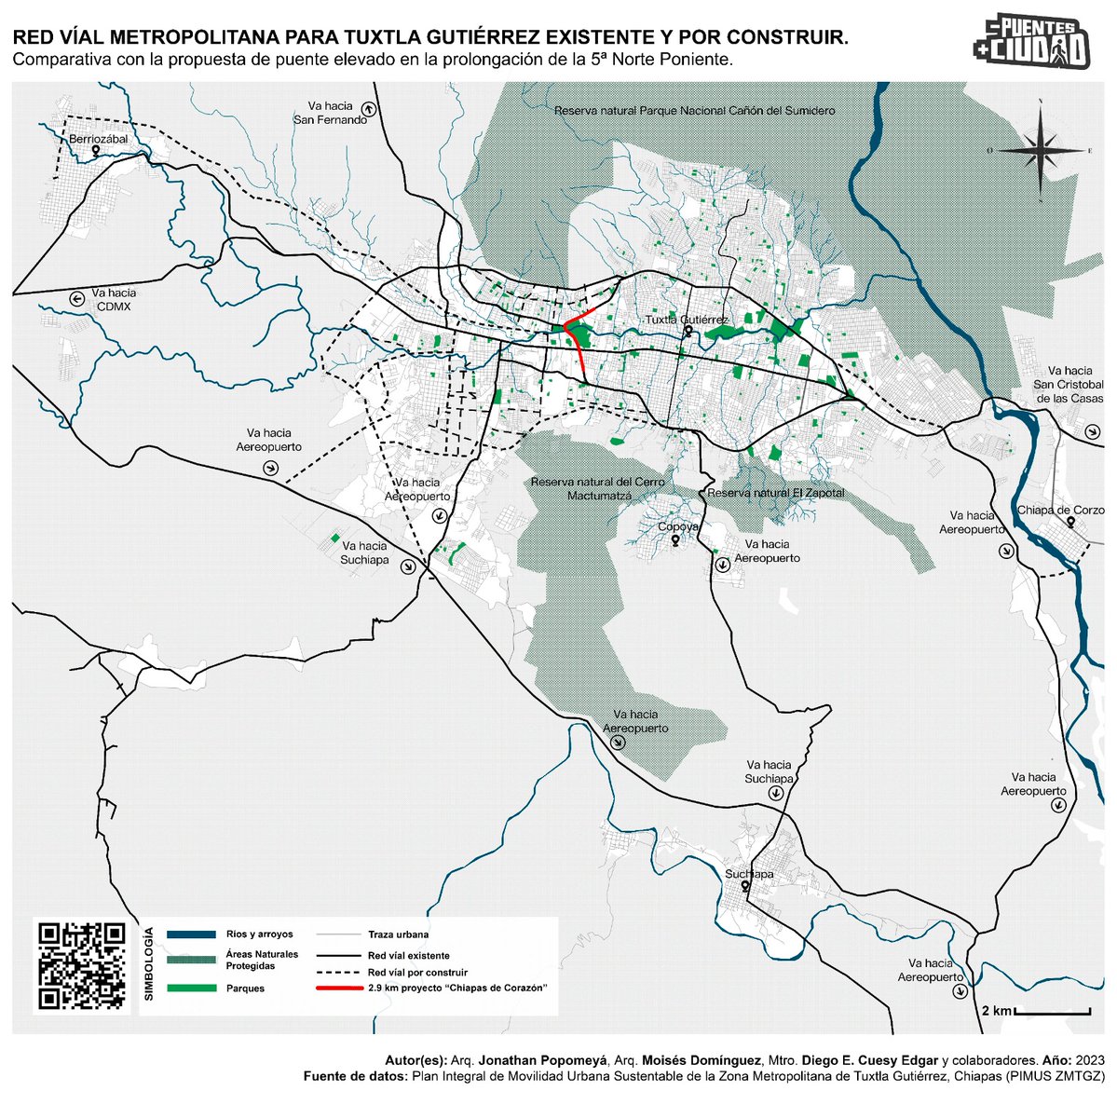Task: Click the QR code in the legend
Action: click(80, 965)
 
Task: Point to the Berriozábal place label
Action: click(98, 139)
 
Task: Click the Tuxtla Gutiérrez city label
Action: click(688, 320)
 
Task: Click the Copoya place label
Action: click(678, 527)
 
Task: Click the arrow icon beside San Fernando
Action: click(369, 109)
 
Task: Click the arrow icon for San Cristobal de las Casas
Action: click(1092, 431)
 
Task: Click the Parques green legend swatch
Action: click(191, 988)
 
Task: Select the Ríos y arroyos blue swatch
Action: click(191, 934)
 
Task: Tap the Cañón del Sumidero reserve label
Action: click(694, 110)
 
